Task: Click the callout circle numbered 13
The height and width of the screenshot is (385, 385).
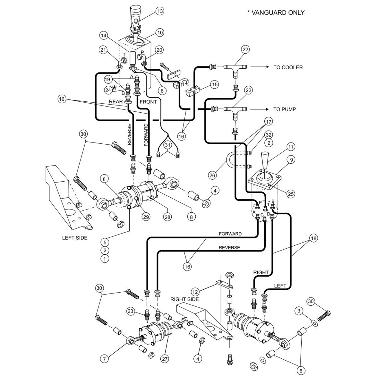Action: (160, 11)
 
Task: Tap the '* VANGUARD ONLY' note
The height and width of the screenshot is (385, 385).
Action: (276, 13)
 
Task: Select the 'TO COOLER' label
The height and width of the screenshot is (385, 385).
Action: (288, 67)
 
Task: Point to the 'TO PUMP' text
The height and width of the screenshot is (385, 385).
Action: (285, 109)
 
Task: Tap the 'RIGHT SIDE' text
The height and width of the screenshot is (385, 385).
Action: (184, 299)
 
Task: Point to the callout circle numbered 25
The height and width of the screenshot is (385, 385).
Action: (291, 194)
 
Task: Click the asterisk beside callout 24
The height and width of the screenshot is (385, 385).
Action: (114, 87)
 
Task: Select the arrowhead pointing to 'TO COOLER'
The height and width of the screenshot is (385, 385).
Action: (266, 67)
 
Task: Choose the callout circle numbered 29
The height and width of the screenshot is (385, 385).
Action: (146, 217)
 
